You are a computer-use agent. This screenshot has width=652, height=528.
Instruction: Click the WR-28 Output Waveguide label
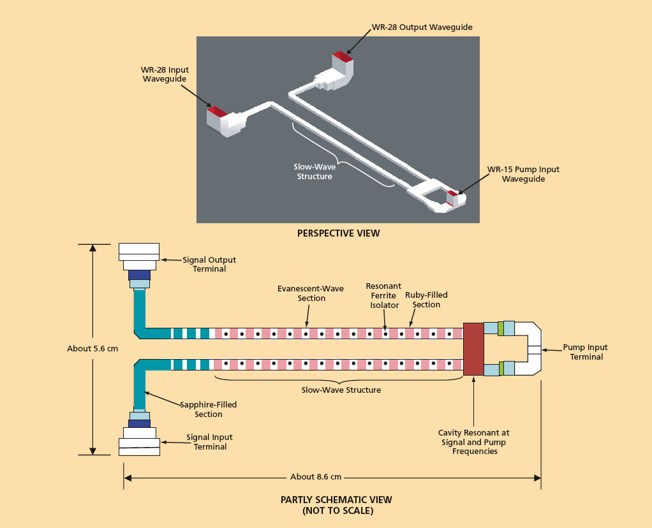[422, 27]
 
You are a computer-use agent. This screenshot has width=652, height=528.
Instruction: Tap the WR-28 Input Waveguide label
[165, 75]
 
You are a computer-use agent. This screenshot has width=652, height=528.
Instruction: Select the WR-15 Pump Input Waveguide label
[523, 174]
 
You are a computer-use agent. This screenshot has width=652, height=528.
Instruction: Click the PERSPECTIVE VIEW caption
[339, 233]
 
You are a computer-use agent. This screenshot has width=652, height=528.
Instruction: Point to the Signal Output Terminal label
[209, 265]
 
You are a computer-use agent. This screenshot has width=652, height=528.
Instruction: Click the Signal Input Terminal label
[209, 442]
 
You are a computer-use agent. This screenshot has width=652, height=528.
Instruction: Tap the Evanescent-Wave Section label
[311, 293]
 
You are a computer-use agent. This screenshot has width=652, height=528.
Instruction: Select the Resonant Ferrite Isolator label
[384, 296]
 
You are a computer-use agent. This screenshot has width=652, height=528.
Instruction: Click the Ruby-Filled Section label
[426, 300]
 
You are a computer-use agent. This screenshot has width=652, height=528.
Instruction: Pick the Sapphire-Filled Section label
[209, 409]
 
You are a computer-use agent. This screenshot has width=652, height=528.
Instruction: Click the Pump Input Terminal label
[586, 352]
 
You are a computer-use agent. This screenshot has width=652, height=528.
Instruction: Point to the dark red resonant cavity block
[473, 349]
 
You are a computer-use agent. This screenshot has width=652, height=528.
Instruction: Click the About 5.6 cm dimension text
[93, 349]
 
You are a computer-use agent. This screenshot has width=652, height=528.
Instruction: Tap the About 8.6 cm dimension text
[316, 477]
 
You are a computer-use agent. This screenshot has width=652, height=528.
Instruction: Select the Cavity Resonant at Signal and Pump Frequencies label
[473, 442]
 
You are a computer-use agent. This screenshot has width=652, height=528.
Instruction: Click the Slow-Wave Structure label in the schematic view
[341, 390]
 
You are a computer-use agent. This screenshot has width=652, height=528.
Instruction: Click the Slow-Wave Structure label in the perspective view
[315, 172]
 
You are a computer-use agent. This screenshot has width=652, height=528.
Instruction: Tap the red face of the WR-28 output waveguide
[343, 56]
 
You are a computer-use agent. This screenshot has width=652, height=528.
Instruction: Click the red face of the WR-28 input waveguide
[217, 112]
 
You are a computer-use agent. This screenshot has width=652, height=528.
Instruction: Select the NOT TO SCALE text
[337, 511]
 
